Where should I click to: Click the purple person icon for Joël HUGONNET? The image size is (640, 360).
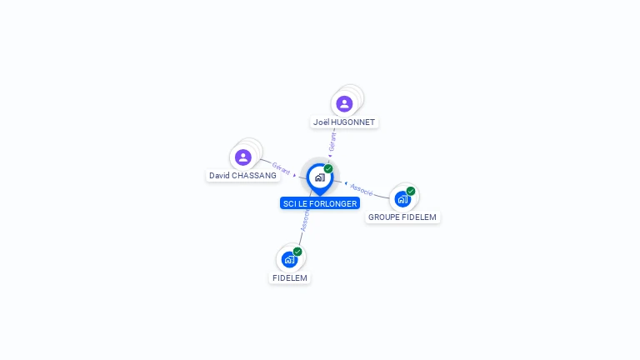point(344,103)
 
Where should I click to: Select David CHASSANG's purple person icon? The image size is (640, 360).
point(243,157)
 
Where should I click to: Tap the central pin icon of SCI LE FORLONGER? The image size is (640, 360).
point(319,177)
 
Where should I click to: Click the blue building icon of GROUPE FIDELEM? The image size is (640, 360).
point(402,199)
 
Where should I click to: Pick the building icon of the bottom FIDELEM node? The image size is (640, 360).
point(289,259)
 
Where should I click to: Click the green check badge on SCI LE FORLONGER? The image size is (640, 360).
point(328,168)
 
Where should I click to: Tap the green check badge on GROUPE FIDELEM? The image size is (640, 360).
point(411,191)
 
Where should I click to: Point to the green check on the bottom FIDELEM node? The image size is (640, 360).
point(297,252)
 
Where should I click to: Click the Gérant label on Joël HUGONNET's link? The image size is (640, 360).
point(332,141)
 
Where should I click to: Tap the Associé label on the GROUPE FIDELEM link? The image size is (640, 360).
point(362,189)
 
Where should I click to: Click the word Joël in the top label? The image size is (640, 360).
point(321,122)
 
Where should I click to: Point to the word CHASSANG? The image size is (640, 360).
point(254,176)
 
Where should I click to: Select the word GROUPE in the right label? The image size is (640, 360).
point(384,217)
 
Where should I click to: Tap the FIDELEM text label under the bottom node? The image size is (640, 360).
point(290,277)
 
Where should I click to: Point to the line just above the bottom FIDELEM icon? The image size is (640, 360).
point(301,237)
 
